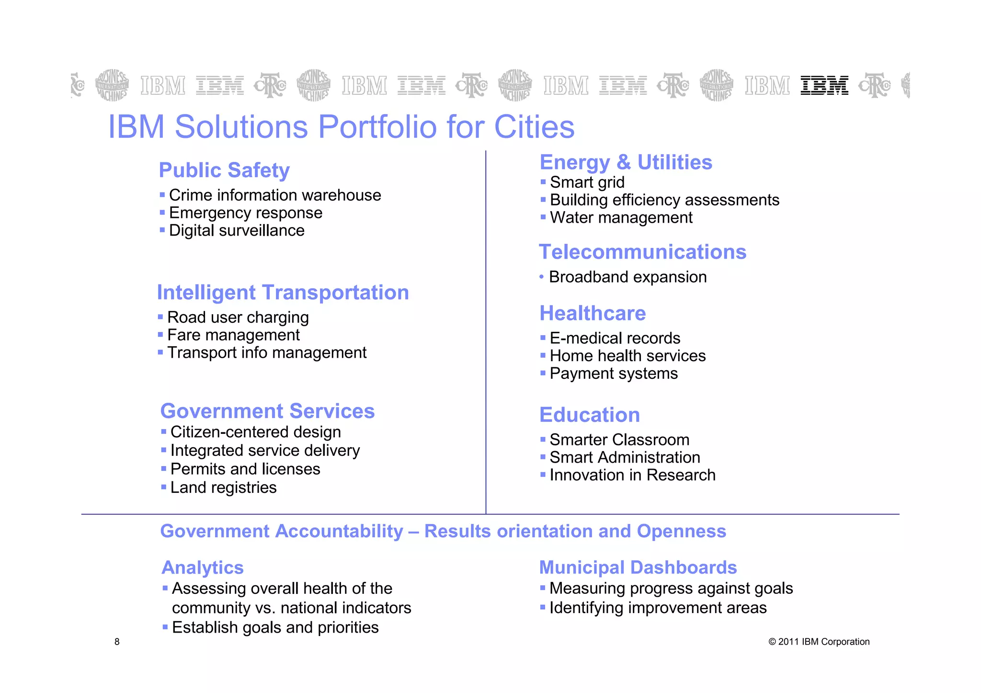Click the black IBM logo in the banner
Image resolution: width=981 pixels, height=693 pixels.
824,86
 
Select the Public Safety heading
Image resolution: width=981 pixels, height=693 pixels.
224,170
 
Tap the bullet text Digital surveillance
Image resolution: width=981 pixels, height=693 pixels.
237,231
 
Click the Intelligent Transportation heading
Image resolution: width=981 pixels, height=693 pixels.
283,293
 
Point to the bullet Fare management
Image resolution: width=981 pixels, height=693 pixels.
233,335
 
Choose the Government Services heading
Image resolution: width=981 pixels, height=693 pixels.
267,411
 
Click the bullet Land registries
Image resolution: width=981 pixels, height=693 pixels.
223,488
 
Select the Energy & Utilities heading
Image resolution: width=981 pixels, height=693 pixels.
626,162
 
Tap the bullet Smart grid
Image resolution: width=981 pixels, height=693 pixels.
587,182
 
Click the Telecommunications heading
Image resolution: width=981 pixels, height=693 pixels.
642,252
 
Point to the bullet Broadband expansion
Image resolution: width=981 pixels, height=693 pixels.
627,277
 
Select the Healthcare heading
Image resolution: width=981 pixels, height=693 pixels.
593,314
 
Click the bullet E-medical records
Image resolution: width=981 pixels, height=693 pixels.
615,339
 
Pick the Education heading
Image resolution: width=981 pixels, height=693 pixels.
590,415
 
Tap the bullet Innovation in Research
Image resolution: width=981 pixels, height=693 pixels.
632,475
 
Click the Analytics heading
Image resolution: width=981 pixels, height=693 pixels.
203,568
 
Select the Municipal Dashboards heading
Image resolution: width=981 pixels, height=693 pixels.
638,568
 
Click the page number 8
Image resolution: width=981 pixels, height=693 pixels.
117,642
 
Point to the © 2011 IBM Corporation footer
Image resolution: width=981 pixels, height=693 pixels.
819,642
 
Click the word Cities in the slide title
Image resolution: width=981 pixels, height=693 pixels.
534,127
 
